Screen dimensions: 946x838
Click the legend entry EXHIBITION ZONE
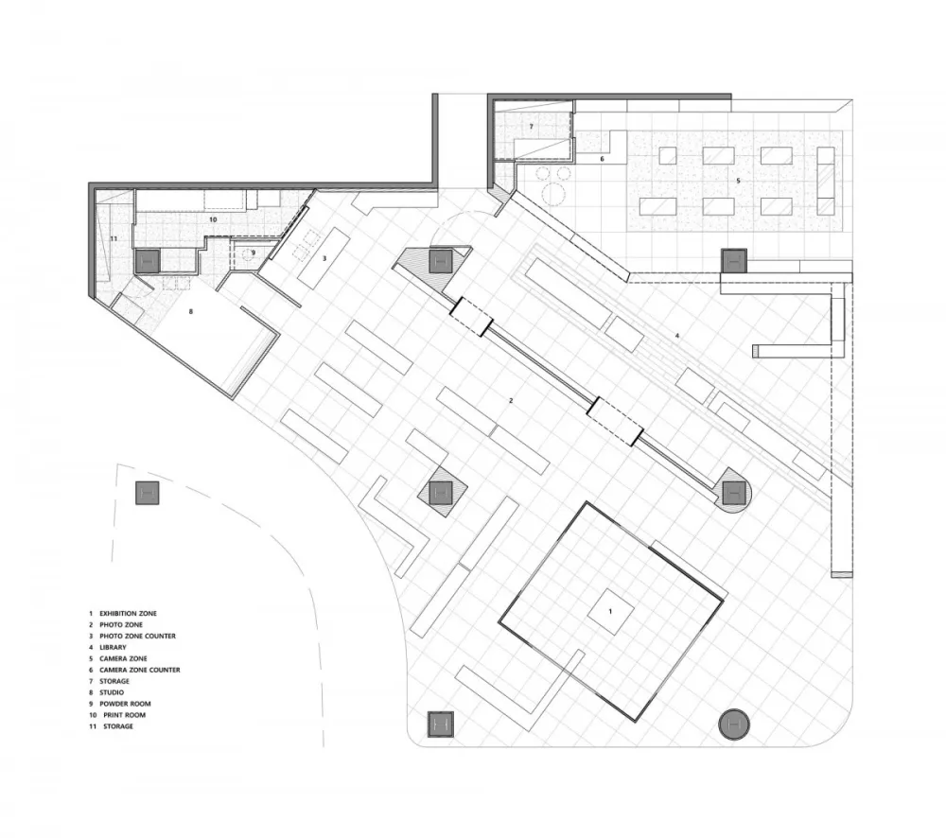[128, 613]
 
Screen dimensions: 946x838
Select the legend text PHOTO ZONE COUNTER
[137, 636]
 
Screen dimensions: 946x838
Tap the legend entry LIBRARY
[113, 647]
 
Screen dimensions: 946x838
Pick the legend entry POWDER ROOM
[125, 704]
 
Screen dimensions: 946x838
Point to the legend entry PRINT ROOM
[124, 715]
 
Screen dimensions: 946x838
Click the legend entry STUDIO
[112, 692]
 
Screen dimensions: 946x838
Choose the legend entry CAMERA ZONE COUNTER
[139, 670]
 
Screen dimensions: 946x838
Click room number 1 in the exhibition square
[610, 612]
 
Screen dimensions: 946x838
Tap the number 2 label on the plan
[511, 401]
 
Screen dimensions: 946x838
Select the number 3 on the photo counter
[324, 258]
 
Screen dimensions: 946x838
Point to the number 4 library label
[677, 336]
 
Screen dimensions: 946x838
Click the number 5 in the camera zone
[738, 181]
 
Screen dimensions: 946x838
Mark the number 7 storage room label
[531, 127]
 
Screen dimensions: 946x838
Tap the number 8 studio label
[191, 311]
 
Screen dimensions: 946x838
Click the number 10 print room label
[212, 219]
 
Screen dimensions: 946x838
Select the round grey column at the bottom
[734, 724]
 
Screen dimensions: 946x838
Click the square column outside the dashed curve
[147, 493]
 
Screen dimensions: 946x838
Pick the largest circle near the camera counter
[553, 194]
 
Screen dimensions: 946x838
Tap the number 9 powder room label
[254, 253]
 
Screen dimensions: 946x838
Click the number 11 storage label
[114, 239]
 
